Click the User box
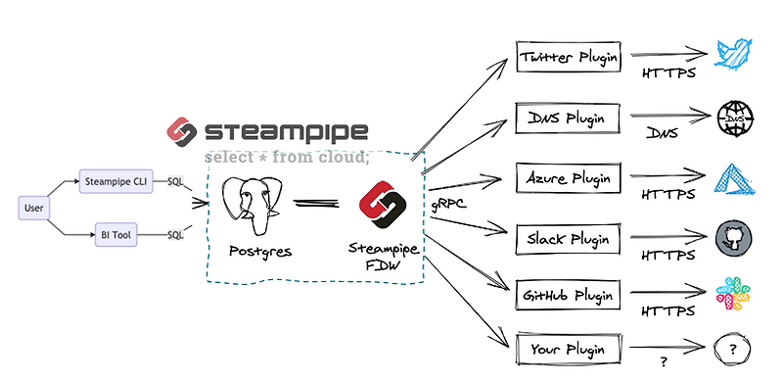coord(33,207)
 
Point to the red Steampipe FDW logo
coord(381,203)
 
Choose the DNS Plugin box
coord(569,119)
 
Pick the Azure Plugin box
coord(569,179)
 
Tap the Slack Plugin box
coord(569,238)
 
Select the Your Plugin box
coord(569,348)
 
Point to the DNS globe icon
coord(735,119)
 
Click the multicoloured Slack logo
coord(735,293)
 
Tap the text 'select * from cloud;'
coord(286,157)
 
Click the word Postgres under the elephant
coord(258,251)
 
